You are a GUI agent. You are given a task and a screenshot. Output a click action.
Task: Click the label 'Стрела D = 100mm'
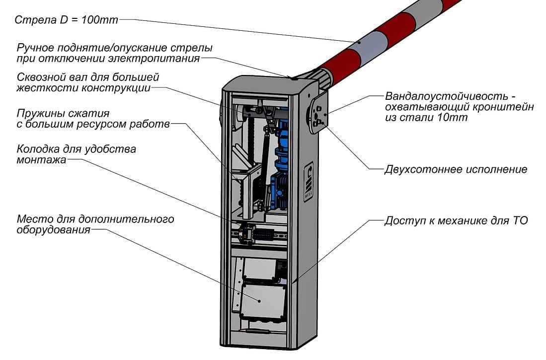[x=67, y=20]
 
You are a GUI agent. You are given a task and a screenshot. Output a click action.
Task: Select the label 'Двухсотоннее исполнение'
[x=456, y=169]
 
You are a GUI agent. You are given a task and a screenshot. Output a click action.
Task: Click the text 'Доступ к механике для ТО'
[x=456, y=220]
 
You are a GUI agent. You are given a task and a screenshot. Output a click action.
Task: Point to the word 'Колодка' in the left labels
[x=36, y=149]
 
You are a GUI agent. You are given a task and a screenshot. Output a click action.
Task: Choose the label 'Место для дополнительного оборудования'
[x=94, y=224]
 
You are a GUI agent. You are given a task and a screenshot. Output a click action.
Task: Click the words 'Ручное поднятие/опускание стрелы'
[x=115, y=49]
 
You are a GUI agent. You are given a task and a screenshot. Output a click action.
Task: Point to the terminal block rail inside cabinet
[x=258, y=233]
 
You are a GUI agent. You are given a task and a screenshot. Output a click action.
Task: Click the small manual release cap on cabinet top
[x=295, y=77]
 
